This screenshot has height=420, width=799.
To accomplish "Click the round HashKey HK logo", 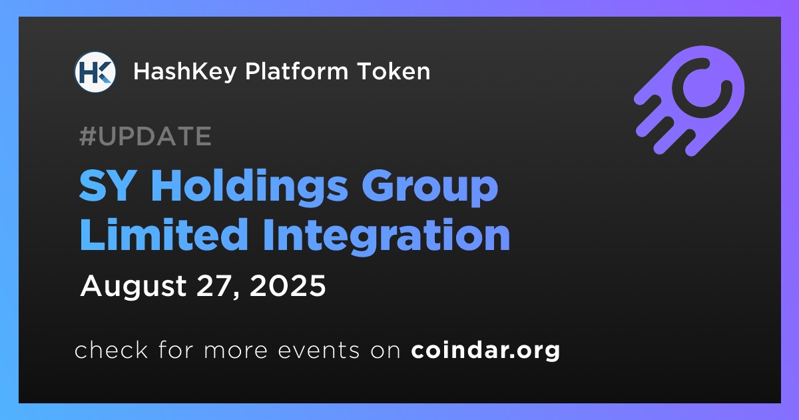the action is (x=95, y=72).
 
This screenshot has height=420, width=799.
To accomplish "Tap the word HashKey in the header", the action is (x=185, y=72).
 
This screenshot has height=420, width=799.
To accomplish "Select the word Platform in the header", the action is (x=296, y=71).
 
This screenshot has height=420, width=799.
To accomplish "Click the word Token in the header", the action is (x=394, y=71).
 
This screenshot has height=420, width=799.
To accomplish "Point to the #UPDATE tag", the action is (x=146, y=136).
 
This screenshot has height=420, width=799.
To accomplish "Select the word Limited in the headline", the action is (x=164, y=235).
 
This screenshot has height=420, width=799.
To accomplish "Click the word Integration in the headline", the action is (x=387, y=237).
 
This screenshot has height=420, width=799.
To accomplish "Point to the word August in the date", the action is (x=133, y=287).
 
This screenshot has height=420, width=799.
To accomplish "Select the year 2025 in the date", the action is (x=288, y=286).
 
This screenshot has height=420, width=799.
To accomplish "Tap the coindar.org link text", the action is (x=485, y=351).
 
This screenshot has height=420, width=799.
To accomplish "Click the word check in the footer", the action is (x=111, y=349).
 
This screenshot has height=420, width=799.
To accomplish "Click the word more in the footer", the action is (x=236, y=351).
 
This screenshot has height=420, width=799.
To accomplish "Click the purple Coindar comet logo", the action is (x=689, y=101).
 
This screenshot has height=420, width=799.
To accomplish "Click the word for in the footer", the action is (x=176, y=349).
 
